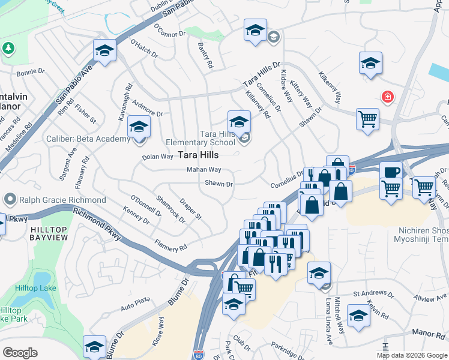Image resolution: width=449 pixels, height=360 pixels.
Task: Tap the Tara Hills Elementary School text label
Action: point(208,138)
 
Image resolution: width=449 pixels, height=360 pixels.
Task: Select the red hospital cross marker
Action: point(388,97)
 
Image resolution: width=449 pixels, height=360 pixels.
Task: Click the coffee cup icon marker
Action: point(391,172)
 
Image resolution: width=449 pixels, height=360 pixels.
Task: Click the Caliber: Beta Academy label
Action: point(88,139)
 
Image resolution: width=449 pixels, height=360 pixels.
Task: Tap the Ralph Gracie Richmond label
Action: point(62,199)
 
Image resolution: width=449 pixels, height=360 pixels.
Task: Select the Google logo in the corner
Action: point(20,352)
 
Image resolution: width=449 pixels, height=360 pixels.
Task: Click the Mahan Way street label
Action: point(203,170)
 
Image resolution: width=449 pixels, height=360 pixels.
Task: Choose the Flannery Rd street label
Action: point(170,245)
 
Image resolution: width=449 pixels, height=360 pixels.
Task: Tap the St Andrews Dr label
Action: point(373,294)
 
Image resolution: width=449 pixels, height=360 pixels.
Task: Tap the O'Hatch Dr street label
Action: point(143,50)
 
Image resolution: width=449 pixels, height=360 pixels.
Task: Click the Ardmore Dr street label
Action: point(147,109)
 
